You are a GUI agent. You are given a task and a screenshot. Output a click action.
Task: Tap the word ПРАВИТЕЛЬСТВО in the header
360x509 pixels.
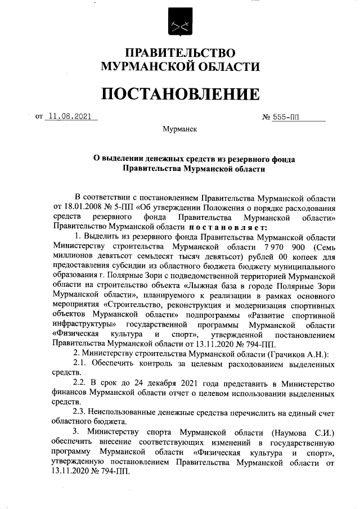tap(180, 53)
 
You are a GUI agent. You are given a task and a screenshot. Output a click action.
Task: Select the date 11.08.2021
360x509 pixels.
tap(70, 117)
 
